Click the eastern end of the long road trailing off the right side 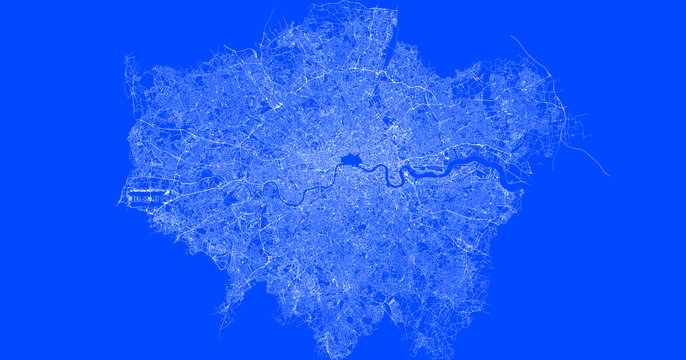click(x=608, y=175)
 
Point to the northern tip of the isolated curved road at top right click(x=513, y=37)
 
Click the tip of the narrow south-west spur click(x=221, y=331)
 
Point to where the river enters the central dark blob click(x=341, y=164)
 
